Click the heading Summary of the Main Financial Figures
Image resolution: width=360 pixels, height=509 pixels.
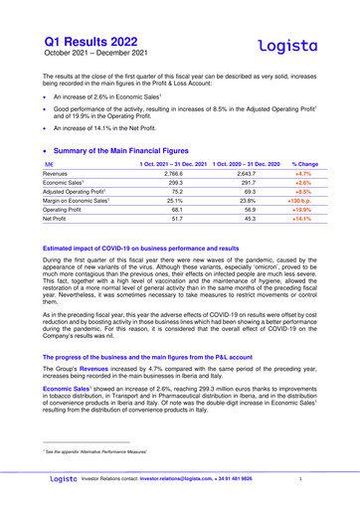click(144, 148)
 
